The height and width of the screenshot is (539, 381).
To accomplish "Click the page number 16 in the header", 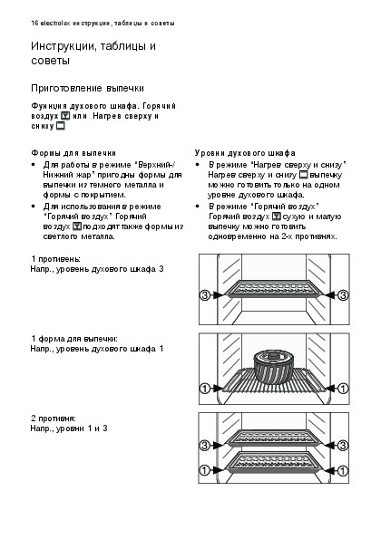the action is (34, 24).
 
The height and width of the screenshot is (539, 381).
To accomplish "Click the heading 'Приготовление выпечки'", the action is (87, 89).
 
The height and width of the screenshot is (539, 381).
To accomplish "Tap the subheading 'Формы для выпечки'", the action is (73, 153).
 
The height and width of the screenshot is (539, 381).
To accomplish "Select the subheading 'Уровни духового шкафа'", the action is (245, 152).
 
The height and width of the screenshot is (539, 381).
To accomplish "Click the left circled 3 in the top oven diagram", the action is (204, 295).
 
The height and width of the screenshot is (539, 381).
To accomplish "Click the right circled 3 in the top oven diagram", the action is (343, 295).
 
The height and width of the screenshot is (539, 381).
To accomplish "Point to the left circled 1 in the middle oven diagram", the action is (204, 389).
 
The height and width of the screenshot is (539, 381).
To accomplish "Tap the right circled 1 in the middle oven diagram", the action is (343, 389).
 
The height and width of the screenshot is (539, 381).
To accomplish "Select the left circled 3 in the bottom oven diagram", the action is (204, 446).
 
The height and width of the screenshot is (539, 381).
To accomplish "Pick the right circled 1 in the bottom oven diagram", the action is (343, 470).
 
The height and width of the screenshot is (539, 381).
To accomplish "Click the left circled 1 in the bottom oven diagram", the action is (204, 470).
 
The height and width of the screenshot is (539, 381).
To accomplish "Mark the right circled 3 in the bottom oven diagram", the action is (343, 446).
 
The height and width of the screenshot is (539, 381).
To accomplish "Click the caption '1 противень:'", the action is (55, 259).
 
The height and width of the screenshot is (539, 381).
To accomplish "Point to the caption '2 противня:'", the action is (54, 419).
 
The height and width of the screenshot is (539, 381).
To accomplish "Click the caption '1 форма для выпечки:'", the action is (74, 339).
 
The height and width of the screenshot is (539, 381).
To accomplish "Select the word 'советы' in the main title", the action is (50, 61).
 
